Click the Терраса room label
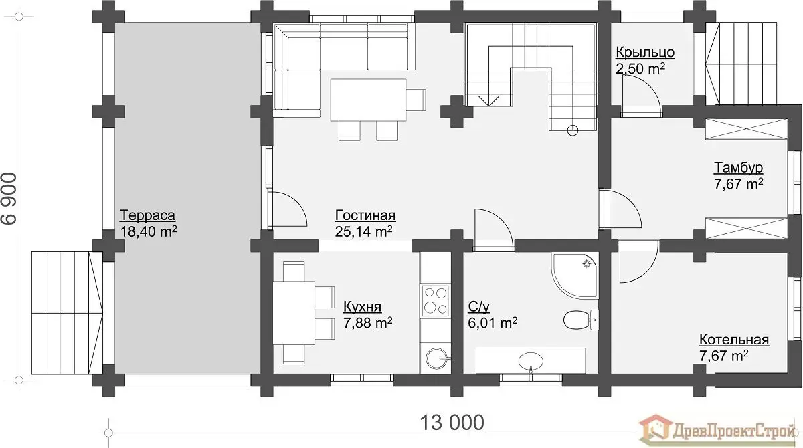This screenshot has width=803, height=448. tap(147, 215)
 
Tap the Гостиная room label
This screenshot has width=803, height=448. tap(365, 215)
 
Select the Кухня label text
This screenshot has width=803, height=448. tap(363, 306)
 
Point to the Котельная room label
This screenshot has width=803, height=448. tap(734, 340)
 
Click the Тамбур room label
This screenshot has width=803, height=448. tap(739, 168)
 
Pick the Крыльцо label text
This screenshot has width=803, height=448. tap(645, 53)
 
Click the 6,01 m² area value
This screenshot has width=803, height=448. tap(493, 323)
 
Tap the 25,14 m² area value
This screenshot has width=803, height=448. tap(363, 231)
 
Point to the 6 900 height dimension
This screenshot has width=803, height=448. tap(9, 199)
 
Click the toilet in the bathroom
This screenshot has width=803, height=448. tap(581, 320)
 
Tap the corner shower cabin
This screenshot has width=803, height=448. tap(575, 275)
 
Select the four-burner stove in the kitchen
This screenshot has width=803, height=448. tap(435, 301)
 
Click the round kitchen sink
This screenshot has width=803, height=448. tap(437, 358)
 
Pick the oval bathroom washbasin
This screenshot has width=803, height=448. tap(531, 361)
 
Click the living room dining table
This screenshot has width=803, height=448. tap(368, 100)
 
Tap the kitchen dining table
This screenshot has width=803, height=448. tap(294, 313)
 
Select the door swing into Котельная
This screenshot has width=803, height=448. tap(639, 261)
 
